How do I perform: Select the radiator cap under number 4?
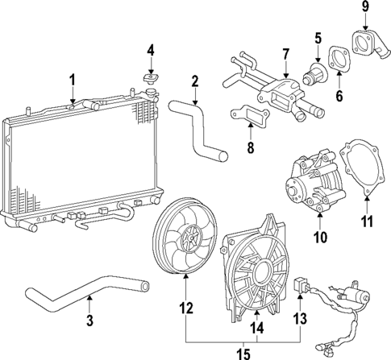149,80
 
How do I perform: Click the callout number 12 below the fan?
186,307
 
